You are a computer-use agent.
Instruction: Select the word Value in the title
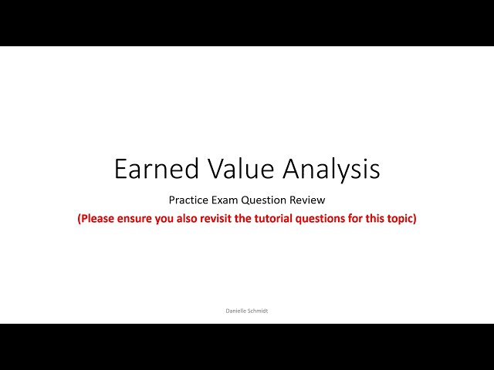click(228, 169)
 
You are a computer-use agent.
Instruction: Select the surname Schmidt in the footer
click(258, 311)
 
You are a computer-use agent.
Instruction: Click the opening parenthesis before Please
click(79, 218)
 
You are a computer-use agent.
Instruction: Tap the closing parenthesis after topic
click(414, 218)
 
